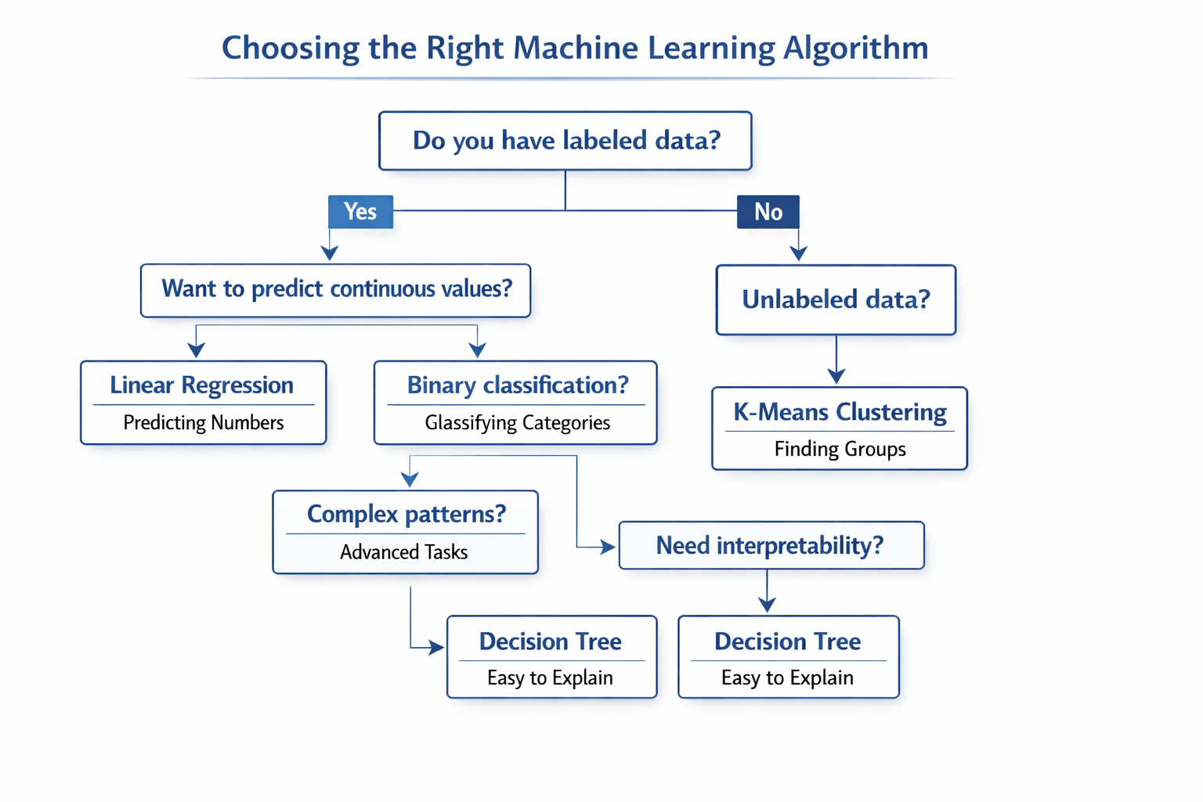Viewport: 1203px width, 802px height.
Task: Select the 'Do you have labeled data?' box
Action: click(x=565, y=141)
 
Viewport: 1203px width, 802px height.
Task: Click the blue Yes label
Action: click(x=360, y=211)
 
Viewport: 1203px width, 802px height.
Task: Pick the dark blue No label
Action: click(x=768, y=211)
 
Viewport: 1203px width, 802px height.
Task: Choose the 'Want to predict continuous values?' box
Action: click(x=336, y=290)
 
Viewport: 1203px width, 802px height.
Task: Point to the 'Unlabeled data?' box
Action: click(x=836, y=300)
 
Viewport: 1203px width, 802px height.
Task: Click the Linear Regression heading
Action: click(x=202, y=385)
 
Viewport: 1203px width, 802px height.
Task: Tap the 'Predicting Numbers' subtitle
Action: click(x=204, y=423)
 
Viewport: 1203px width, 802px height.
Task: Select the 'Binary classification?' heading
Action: click(x=517, y=385)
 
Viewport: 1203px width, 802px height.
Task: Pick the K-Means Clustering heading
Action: click(x=840, y=412)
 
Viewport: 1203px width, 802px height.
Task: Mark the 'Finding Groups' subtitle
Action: click(x=840, y=449)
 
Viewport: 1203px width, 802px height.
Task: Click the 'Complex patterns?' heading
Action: click(x=406, y=514)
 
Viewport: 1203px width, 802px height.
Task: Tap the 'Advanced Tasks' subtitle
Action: click(x=404, y=552)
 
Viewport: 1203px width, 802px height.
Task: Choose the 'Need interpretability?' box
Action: click(x=771, y=545)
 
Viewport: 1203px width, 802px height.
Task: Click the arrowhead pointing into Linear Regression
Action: click(x=197, y=349)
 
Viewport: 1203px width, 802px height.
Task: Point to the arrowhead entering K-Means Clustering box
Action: click(x=836, y=376)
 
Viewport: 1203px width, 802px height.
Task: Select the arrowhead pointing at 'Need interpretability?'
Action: click(x=607, y=547)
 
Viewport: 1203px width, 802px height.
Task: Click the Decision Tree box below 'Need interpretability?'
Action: click(x=788, y=656)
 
